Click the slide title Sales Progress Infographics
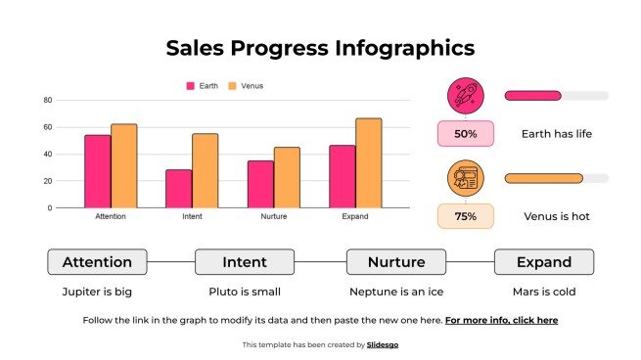click(320, 48)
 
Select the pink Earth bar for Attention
click(97, 171)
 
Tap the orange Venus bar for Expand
click(368, 162)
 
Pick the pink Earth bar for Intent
click(178, 189)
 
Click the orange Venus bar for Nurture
click(287, 177)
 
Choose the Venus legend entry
click(246, 86)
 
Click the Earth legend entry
click(203, 86)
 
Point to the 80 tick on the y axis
click(47, 100)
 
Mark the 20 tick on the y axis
click(47, 181)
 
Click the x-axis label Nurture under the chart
click(273, 216)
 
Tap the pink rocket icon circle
click(466, 96)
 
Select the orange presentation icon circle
click(466, 178)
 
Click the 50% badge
click(466, 134)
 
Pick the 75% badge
click(466, 216)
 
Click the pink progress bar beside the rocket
click(533, 96)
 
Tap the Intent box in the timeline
click(245, 262)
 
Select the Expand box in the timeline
click(544, 262)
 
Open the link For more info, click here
click(501, 320)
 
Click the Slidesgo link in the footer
click(383, 344)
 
